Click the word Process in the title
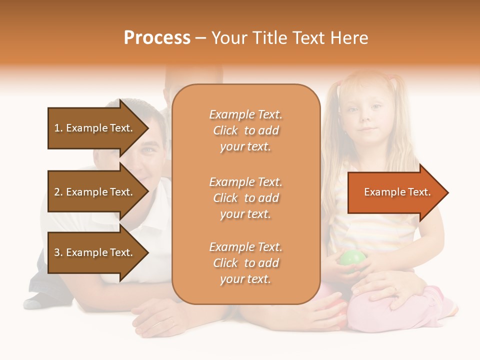pyautogui.click(x=157, y=38)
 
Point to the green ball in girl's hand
pyautogui.click(x=353, y=259)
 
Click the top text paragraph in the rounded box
pyautogui.click(x=245, y=130)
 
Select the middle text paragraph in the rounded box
pyautogui.click(x=245, y=198)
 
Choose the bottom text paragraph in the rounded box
pyautogui.click(x=245, y=263)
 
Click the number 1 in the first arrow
pyautogui.click(x=57, y=128)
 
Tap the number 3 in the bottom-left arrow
pyautogui.click(x=57, y=252)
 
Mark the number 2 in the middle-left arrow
pyautogui.click(x=57, y=192)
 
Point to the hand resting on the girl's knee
pyautogui.click(x=385, y=290)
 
